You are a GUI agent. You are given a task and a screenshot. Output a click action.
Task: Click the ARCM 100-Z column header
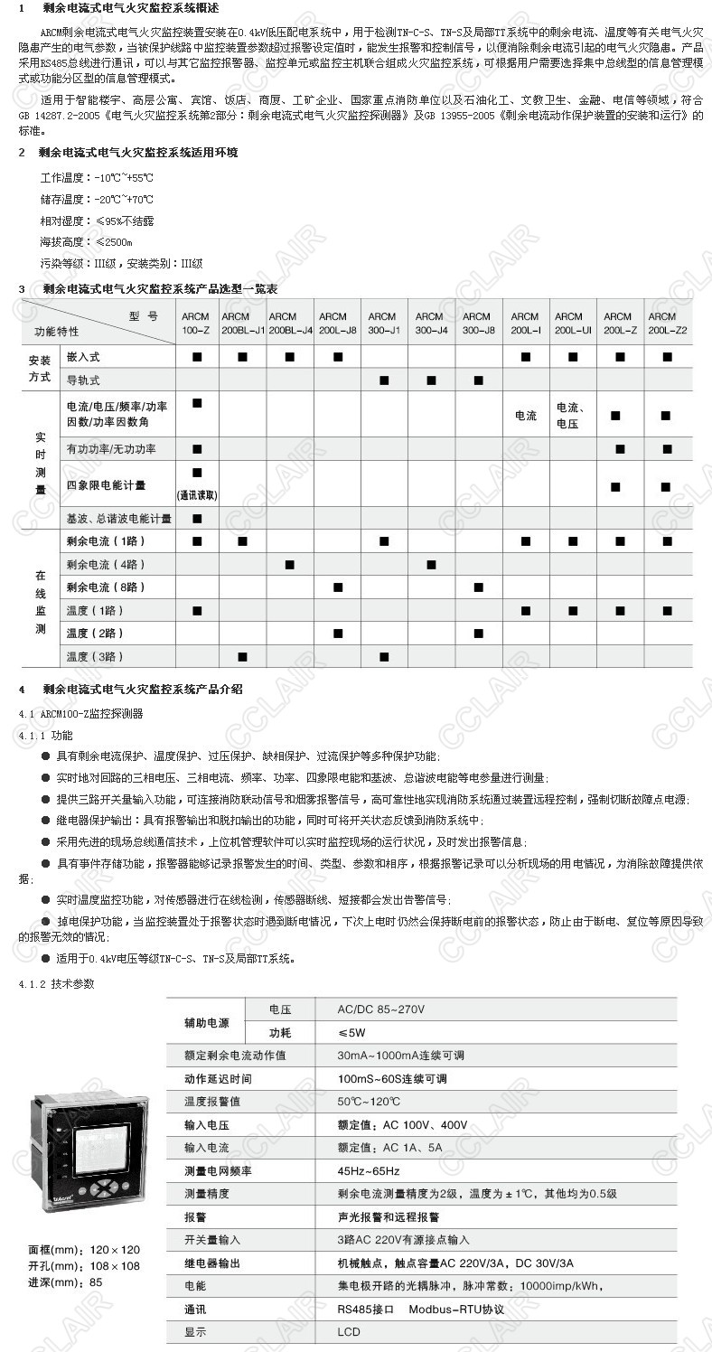[195, 324]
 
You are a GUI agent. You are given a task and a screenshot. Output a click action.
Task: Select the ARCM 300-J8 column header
[478, 324]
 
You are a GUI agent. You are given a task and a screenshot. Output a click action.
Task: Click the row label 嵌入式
[83, 358]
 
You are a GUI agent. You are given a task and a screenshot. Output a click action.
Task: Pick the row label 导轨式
[83, 380]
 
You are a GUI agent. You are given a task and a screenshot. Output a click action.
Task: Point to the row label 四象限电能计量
[107, 485]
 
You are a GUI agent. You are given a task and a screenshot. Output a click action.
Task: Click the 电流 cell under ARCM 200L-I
[525, 416]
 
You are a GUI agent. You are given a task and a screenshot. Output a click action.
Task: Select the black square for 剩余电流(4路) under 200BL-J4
[289, 565]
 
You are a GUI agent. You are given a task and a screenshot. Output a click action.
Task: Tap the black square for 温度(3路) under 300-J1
[383, 656]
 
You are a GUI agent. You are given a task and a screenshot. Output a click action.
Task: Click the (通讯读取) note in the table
[197, 495]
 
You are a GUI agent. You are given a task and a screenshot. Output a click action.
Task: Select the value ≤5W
[352, 1032]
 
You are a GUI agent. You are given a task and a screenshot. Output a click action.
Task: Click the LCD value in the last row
[349, 1332]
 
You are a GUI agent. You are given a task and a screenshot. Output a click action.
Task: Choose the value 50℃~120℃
[369, 1102]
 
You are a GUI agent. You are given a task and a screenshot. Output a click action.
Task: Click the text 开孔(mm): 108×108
[84, 1266]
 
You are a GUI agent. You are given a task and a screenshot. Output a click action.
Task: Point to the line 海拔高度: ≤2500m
[86, 242]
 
